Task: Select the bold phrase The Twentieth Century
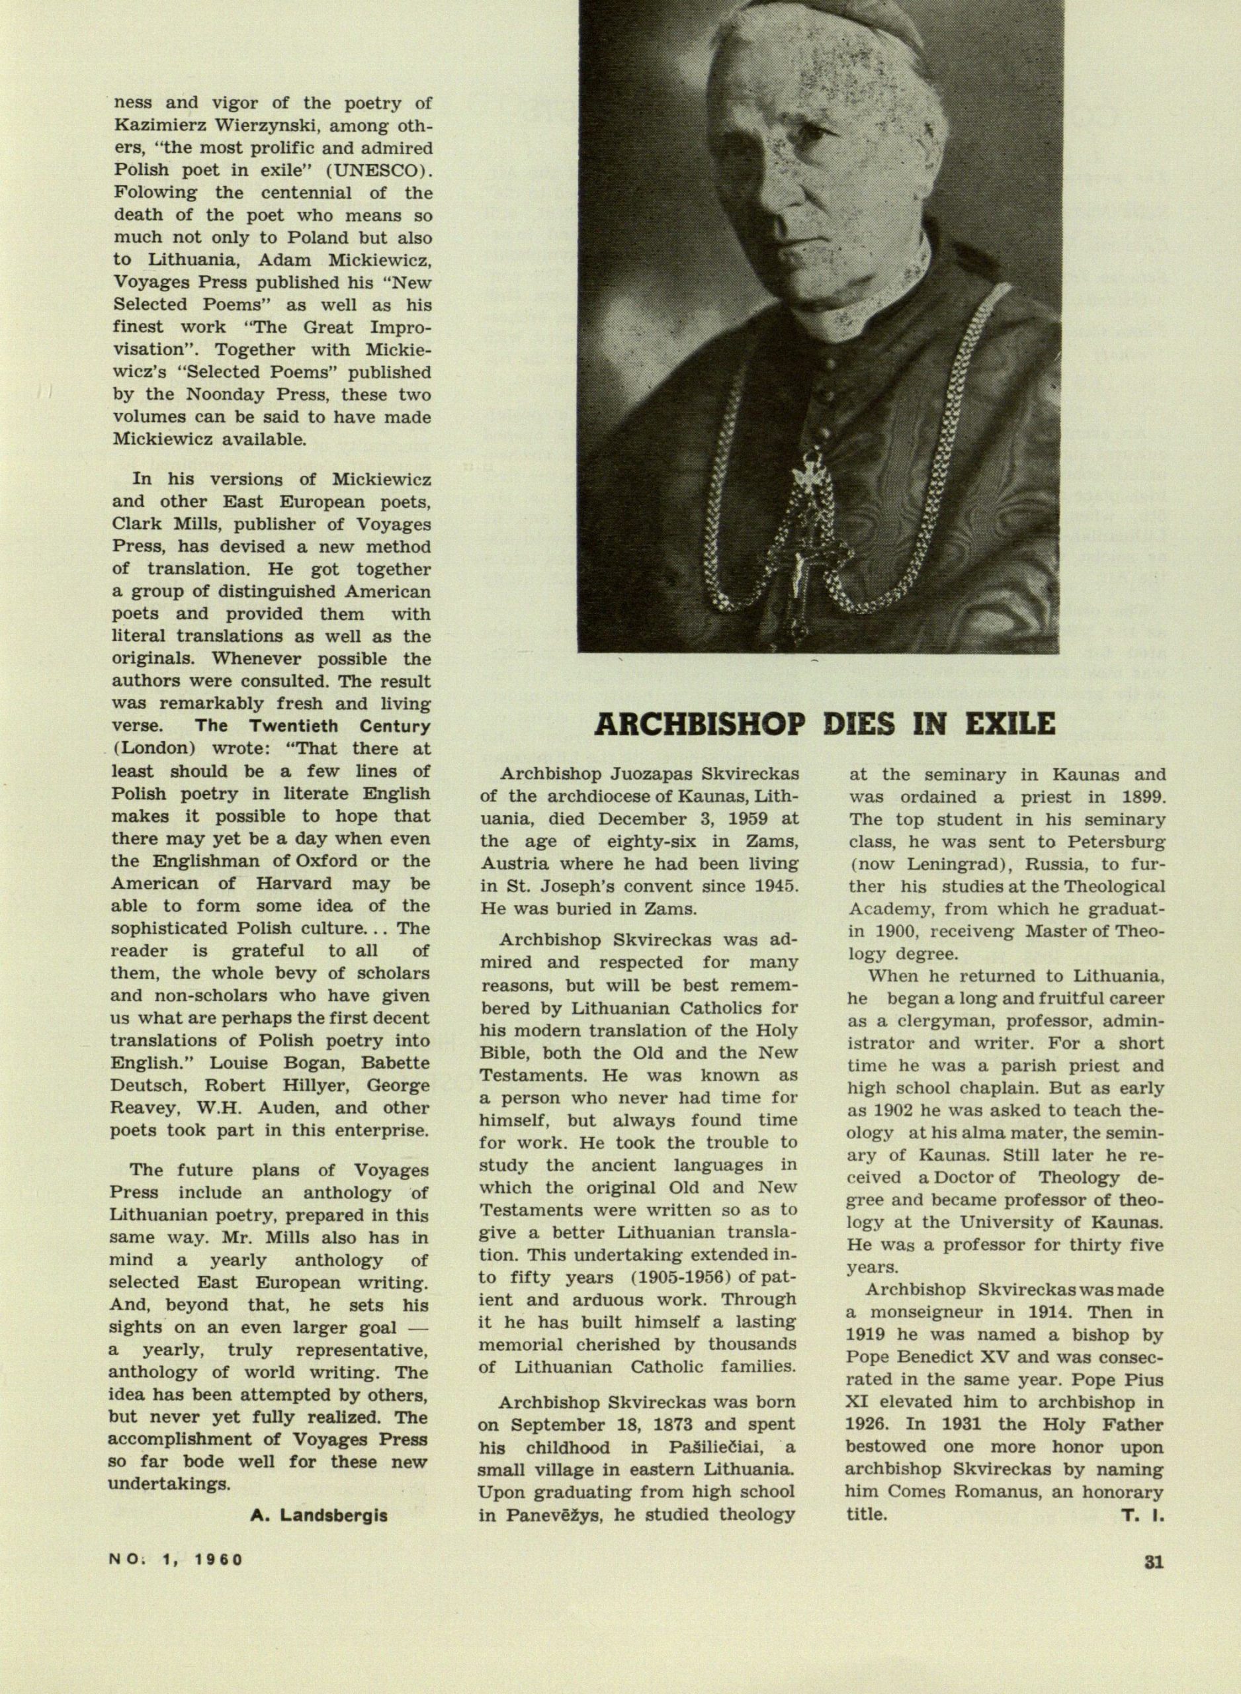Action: pyautogui.click(x=312, y=727)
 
